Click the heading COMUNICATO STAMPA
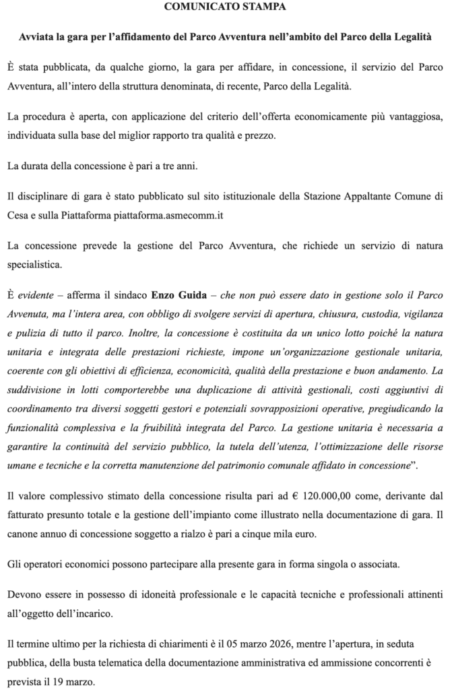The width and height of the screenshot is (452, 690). [x=226, y=7]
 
